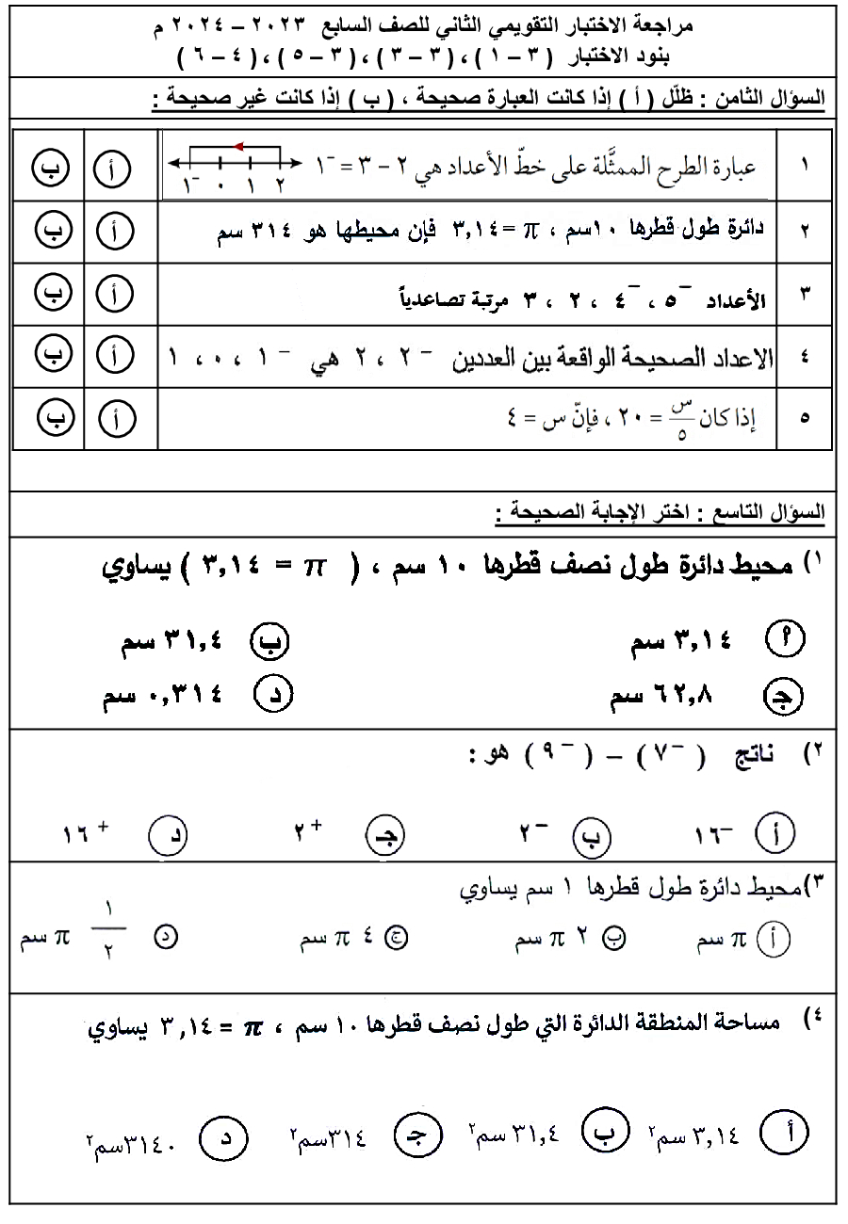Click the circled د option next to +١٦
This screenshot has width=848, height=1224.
click(168, 834)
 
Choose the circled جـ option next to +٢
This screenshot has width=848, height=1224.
click(382, 834)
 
